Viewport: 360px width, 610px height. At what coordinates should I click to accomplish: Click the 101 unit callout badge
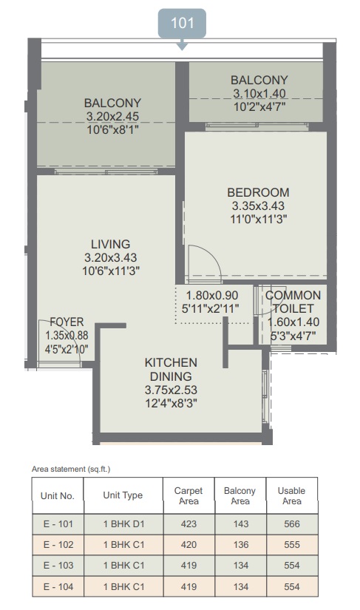click(182, 24)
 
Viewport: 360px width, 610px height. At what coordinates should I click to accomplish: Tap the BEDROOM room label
click(258, 192)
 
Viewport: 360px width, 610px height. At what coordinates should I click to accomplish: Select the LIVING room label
click(110, 244)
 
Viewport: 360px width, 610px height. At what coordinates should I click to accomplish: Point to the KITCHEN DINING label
click(171, 369)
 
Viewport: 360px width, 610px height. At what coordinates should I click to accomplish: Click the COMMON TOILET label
click(293, 302)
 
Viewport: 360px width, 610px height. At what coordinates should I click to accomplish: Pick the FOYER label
click(67, 322)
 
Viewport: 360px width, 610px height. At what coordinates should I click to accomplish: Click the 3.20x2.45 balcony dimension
click(112, 116)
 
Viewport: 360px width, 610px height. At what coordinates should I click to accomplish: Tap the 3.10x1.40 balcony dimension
click(259, 93)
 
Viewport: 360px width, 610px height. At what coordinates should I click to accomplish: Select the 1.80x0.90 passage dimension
click(212, 296)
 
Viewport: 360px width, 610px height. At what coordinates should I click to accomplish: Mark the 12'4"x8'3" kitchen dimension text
click(171, 403)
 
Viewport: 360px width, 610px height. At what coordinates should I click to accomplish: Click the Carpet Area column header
click(189, 496)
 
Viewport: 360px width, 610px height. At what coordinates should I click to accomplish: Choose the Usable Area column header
click(291, 496)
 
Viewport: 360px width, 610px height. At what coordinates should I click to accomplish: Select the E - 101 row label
click(58, 524)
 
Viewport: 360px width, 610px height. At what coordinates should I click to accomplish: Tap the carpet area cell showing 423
click(189, 524)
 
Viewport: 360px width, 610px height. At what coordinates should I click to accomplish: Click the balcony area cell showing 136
click(241, 545)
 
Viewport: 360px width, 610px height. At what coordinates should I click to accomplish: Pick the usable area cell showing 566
click(291, 524)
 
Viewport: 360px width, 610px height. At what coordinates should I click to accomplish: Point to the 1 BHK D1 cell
click(123, 524)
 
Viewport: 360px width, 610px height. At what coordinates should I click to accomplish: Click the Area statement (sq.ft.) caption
click(71, 470)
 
